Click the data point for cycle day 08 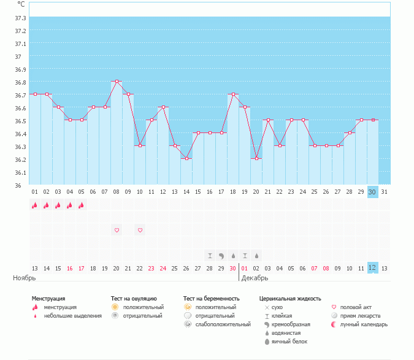tap(117, 81)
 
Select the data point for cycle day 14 tap(186, 158)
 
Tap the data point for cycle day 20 tap(256, 158)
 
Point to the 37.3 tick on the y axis tap(20, 18)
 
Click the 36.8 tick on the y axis tap(20, 82)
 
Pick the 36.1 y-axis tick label tap(20, 172)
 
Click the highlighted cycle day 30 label tap(372, 192)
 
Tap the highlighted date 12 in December tap(372, 268)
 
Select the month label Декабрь tap(255, 278)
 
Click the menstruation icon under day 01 tap(35, 205)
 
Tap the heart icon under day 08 tap(117, 230)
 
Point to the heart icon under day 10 tap(140, 230)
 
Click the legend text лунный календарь tap(364, 324)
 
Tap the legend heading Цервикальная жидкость tap(289, 298)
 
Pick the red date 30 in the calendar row tap(232, 268)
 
